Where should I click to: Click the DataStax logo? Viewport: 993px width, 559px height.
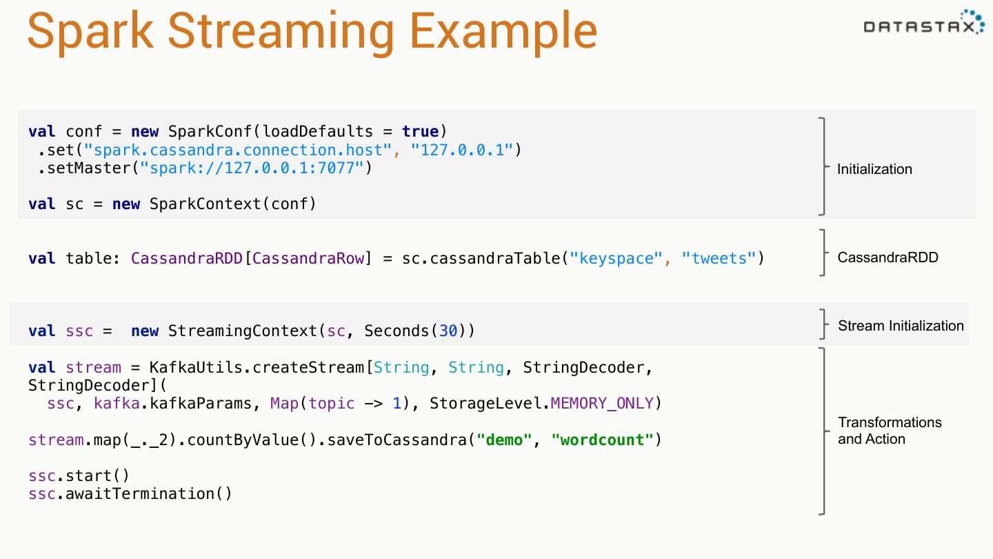pyautogui.click(x=923, y=25)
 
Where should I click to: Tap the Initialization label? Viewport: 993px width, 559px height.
pyautogui.click(x=874, y=169)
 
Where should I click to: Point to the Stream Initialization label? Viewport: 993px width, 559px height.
pyautogui.click(x=901, y=326)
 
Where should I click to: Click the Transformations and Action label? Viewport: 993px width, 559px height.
pyautogui.click(x=889, y=431)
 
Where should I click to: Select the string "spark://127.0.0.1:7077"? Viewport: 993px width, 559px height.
pyautogui.click(x=252, y=168)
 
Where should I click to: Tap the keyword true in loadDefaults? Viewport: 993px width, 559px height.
pyautogui.click(x=420, y=132)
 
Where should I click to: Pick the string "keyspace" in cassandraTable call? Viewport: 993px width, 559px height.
pyautogui.click(x=616, y=259)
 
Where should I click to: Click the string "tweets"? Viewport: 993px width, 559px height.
pyautogui.click(x=719, y=259)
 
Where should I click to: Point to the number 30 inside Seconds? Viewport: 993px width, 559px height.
pyautogui.click(x=448, y=331)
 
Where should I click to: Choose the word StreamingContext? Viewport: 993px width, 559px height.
pyautogui.click(x=243, y=331)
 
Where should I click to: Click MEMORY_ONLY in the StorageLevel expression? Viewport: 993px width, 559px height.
pyautogui.click(x=601, y=404)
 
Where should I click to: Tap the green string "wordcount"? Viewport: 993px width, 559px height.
pyautogui.click(x=602, y=440)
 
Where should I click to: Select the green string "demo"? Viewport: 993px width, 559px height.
pyautogui.click(x=504, y=440)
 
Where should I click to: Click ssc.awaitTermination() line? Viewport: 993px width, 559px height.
pyautogui.click(x=130, y=494)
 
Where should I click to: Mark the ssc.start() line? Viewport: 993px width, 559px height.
pyautogui.click(x=79, y=476)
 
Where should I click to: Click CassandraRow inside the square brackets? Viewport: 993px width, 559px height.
pyautogui.click(x=308, y=259)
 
